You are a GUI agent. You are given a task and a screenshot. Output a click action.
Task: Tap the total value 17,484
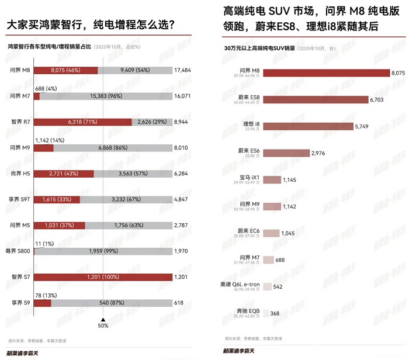182,70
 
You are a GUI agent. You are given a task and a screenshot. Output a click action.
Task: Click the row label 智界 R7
20,122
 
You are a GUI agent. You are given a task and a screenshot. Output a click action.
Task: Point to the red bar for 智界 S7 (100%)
102,277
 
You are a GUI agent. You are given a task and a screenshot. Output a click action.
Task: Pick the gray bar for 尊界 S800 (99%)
103,251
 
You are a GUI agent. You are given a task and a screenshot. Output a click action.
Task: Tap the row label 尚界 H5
20,174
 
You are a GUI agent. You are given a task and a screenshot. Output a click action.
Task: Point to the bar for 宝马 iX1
272,179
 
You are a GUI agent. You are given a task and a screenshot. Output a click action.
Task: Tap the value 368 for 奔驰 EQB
276,313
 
